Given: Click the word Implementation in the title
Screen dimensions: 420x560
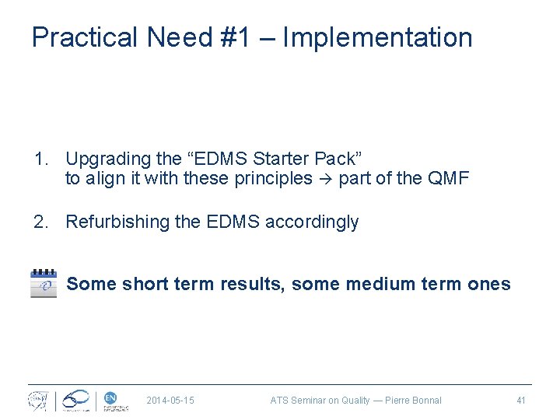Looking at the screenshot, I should [x=377, y=37].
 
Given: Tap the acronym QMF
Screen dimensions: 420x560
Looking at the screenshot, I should [x=448, y=180].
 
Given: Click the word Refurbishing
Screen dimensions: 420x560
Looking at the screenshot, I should [x=117, y=222].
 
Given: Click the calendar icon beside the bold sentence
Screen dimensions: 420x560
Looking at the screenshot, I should [x=44, y=284].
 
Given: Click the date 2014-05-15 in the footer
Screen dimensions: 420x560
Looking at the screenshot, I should [x=170, y=401].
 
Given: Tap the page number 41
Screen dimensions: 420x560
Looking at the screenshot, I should [x=521, y=401].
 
